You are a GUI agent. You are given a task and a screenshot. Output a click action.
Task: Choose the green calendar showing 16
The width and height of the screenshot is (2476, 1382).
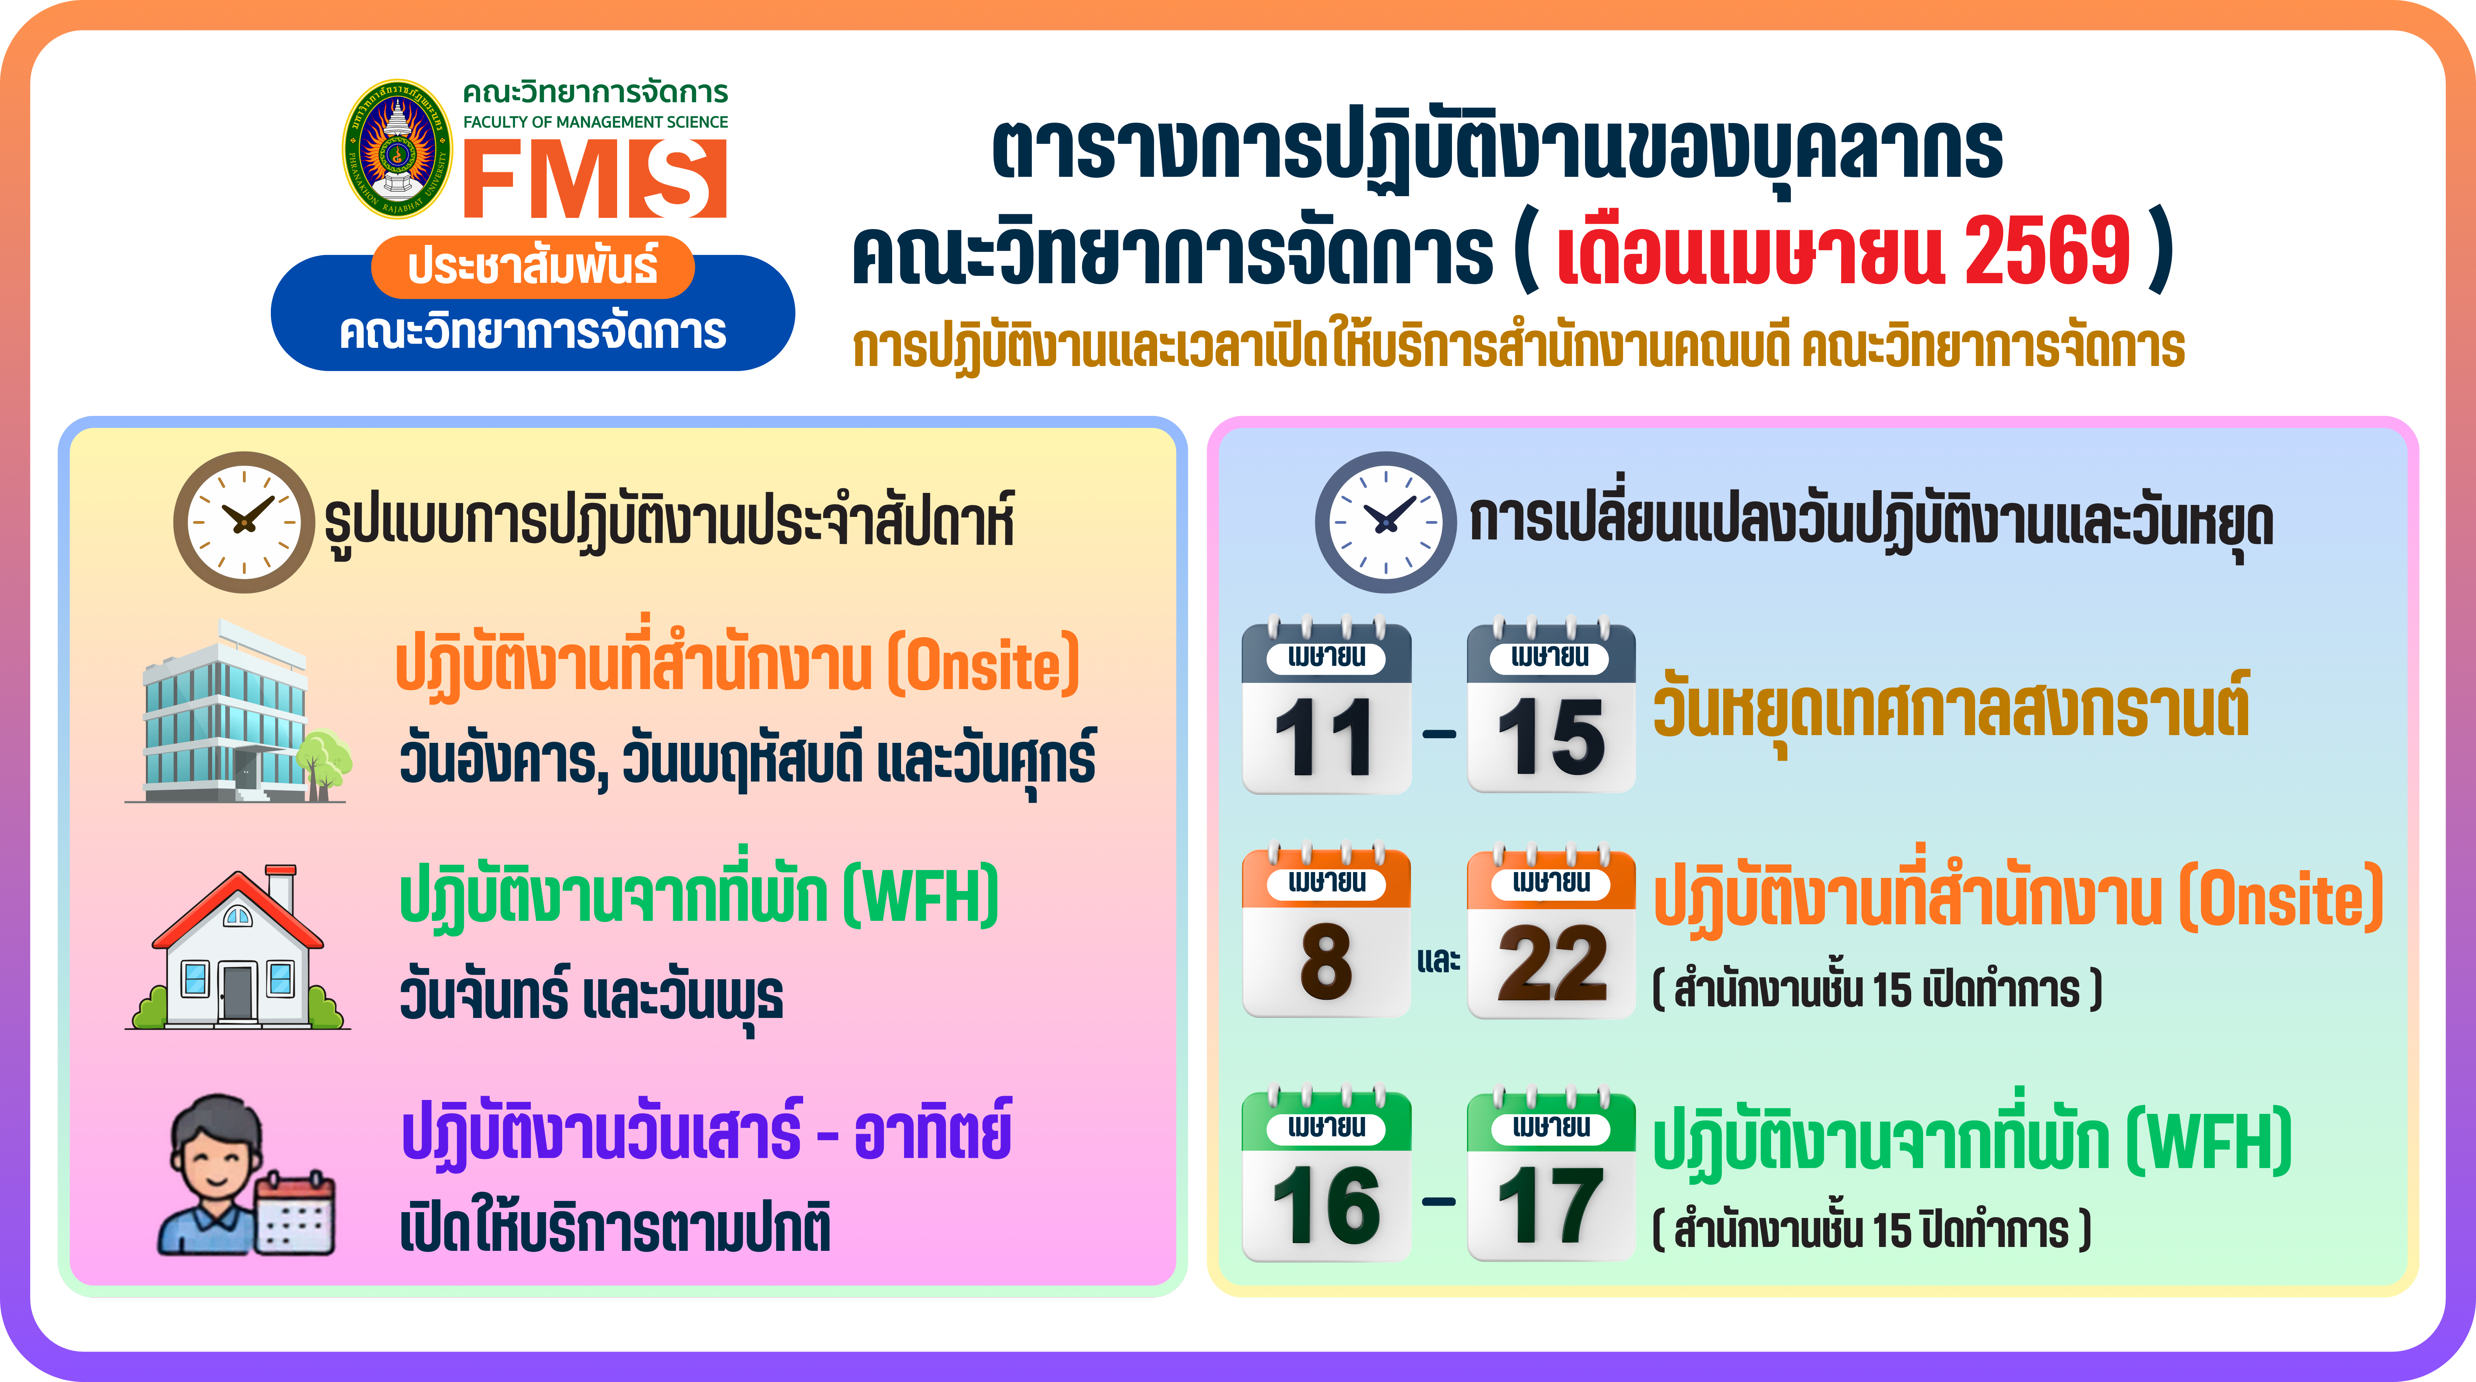[x=1327, y=1177]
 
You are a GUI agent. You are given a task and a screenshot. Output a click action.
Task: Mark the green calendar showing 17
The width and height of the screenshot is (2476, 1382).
[x=1550, y=1177]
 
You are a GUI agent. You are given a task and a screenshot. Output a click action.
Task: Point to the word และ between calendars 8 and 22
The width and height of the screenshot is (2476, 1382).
[x=1438, y=959]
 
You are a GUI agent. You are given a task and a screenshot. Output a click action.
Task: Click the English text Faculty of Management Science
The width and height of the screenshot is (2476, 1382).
[x=595, y=122]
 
